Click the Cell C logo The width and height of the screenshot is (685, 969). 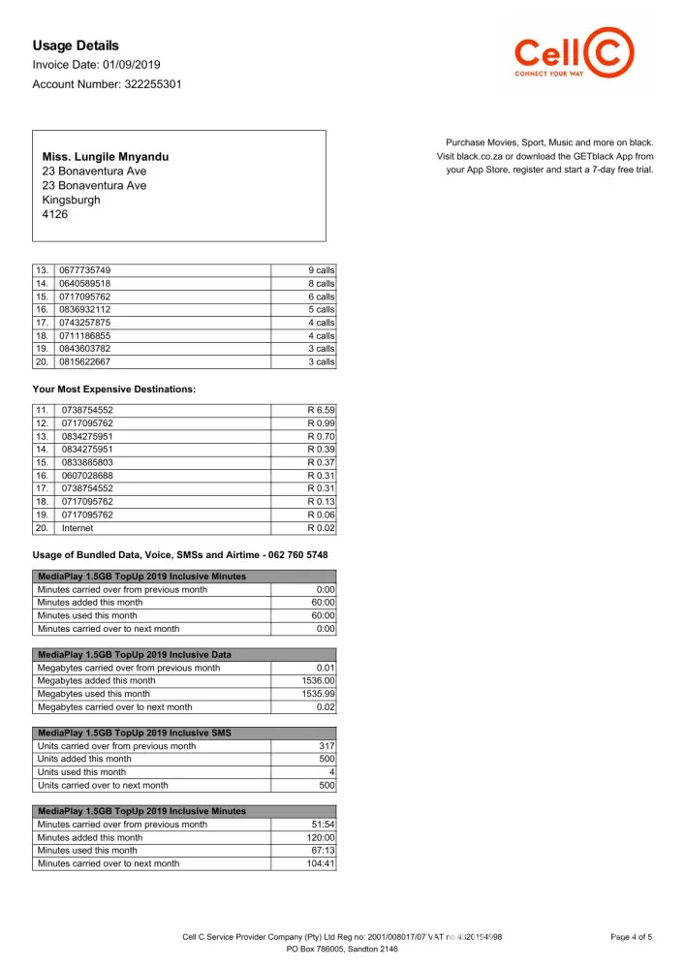[x=575, y=55]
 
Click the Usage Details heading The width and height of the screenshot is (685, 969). [x=76, y=46]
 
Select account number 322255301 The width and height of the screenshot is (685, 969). [x=150, y=84]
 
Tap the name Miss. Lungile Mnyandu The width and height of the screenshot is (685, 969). [x=105, y=156]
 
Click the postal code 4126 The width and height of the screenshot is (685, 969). [x=55, y=214]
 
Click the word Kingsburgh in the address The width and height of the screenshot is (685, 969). [x=71, y=200]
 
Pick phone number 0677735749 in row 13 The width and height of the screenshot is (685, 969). [x=85, y=269]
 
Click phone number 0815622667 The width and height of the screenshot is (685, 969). [x=85, y=361]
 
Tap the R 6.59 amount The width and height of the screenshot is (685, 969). [x=321, y=410]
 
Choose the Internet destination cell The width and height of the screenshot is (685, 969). [x=78, y=528]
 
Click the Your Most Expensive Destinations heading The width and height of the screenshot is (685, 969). [x=114, y=389]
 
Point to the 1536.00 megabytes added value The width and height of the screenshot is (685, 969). [x=318, y=681]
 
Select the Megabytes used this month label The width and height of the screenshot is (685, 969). [x=93, y=694]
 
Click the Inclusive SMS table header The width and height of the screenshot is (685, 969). [x=134, y=733]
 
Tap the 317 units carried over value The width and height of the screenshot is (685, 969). [x=326, y=746]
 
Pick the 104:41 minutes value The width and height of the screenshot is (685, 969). [x=319, y=863]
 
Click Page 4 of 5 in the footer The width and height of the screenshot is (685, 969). [x=632, y=937]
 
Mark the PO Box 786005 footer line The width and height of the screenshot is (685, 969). [x=342, y=950]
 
